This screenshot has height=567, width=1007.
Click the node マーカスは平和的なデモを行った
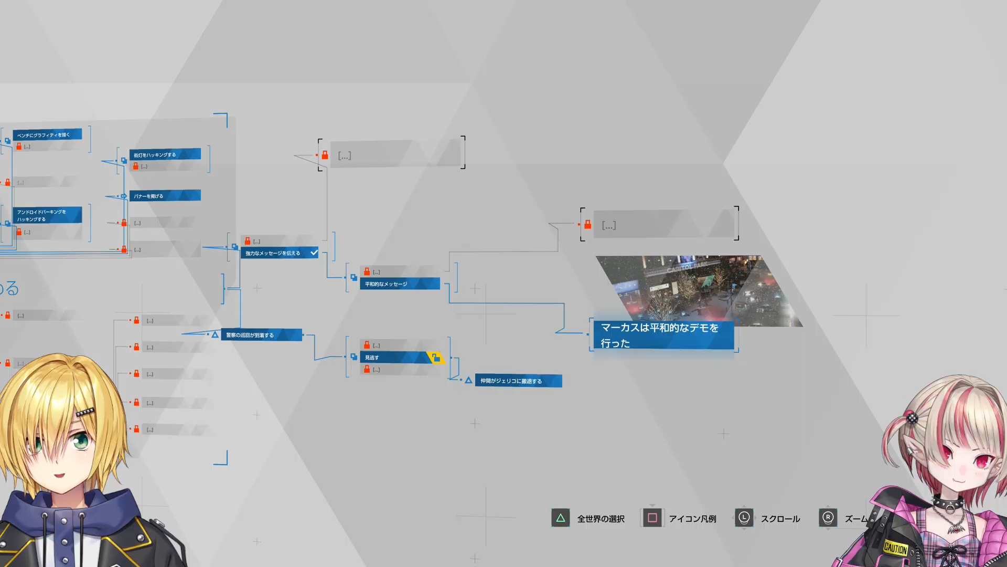[663, 335]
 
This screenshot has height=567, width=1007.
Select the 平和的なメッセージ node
[399, 284]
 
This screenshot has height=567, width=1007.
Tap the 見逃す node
[393, 358]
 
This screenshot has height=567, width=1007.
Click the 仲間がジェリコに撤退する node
[518, 381]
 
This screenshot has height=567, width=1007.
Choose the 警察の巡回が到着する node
[261, 335]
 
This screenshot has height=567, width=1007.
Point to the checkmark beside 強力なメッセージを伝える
[314, 253]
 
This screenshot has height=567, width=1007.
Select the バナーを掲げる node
[164, 196]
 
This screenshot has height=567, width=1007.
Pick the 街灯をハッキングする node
[164, 154]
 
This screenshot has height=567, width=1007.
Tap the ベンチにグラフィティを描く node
[47, 135]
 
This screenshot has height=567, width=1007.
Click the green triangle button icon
[560, 518]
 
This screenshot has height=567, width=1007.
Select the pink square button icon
[652, 518]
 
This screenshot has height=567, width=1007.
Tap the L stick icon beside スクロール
[744, 518]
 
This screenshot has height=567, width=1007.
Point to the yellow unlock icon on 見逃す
[435, 358]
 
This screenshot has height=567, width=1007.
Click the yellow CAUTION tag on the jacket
[895, 548]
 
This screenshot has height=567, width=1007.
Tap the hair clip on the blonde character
[85, 412]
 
